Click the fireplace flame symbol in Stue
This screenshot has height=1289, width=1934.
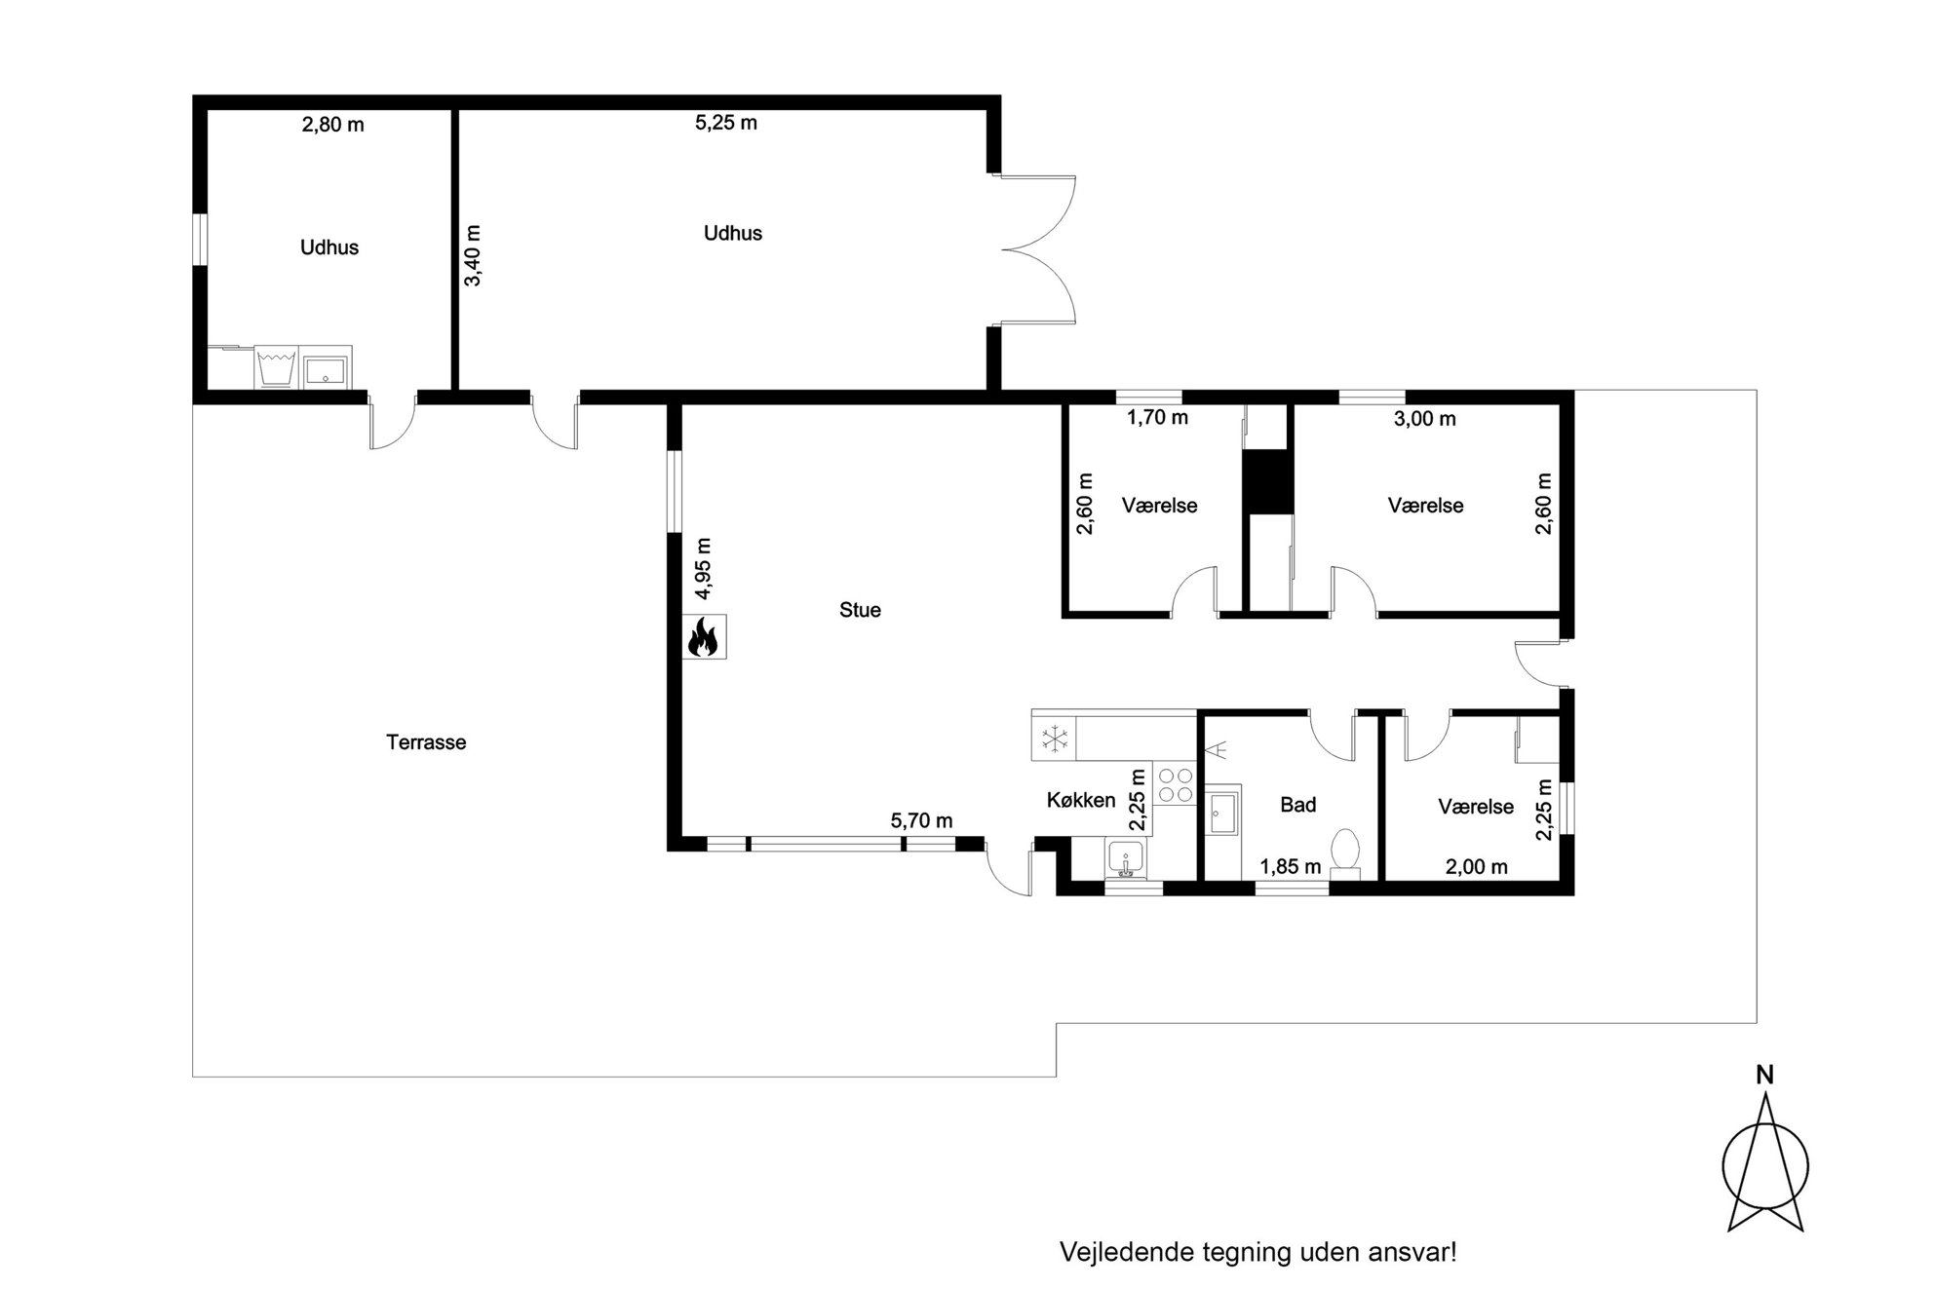click(704, 638)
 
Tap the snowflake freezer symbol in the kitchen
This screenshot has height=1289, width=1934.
click(1055, 739)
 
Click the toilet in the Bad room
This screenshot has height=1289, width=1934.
click(1346, 853)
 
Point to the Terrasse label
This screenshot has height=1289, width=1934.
click(426, 742)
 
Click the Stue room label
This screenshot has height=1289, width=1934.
click(860, 610)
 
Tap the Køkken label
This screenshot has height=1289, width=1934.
click(1081, 801)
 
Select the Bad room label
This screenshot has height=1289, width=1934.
click(1297, 805)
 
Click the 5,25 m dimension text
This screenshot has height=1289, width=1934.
click(726, 123)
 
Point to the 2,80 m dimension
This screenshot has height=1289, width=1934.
click(332, 125)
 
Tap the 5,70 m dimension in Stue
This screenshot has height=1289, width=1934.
click(921, 821)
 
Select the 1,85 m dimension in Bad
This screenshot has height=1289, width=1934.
click(1291, 866)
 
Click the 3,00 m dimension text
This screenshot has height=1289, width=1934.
click(1425, 419)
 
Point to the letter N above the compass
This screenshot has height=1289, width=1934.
click(1764, 1076)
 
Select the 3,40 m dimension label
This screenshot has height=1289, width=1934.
click(472, 255)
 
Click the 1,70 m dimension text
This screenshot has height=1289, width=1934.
click(1158, 418)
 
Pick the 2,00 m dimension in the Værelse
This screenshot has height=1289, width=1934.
click(1476, 866)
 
